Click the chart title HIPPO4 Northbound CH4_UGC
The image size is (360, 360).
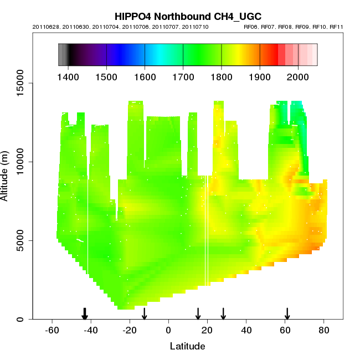[188, 16]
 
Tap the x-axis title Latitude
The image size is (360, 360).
[187, 347]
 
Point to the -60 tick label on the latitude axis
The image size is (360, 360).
[52, 331]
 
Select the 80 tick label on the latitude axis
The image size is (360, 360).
[324, 331]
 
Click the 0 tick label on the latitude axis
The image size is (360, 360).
[168, 331]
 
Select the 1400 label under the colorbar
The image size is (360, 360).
[68, 76]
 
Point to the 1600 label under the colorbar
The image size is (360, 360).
[145, 76]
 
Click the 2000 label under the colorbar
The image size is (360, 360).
[298, 76]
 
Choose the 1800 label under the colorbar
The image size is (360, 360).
[222, 76]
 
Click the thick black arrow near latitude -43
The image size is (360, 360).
[85, 313]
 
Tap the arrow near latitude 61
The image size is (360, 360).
[287, 313]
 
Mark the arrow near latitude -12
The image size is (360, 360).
[145, 313]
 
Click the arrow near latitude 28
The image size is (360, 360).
[223, 313]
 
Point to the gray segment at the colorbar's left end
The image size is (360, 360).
[63, 55]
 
